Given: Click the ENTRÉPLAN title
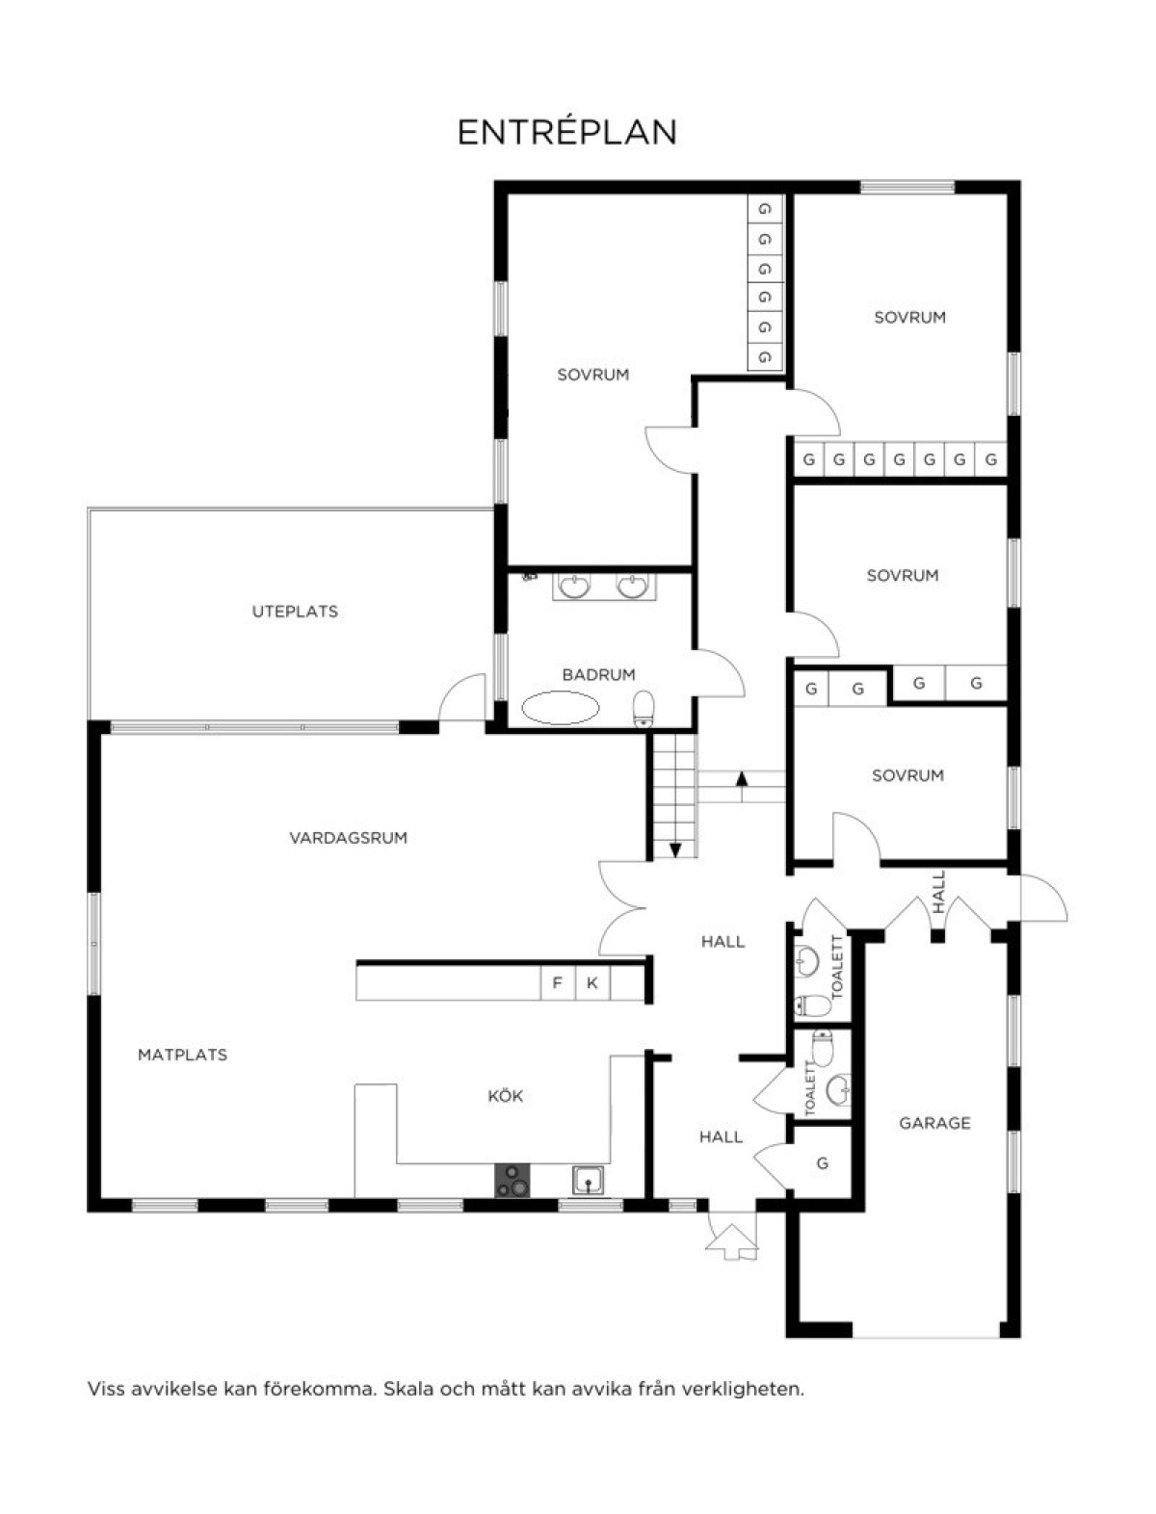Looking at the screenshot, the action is point(567,132).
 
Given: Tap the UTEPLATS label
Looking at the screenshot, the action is point(295,612).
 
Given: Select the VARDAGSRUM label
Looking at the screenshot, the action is point(349,837).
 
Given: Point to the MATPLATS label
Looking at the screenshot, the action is point(183,1055).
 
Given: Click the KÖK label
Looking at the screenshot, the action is point(506,1095).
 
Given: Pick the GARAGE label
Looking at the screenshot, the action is point(934,1123).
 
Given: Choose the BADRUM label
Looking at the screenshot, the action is point(598,674).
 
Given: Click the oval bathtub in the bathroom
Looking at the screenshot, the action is point(560,708).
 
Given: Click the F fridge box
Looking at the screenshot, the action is point(558,983).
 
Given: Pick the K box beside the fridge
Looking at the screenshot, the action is point(591,983).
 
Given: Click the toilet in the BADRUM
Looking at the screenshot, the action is point(644,710).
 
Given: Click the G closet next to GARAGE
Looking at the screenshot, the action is point(822,1163).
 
